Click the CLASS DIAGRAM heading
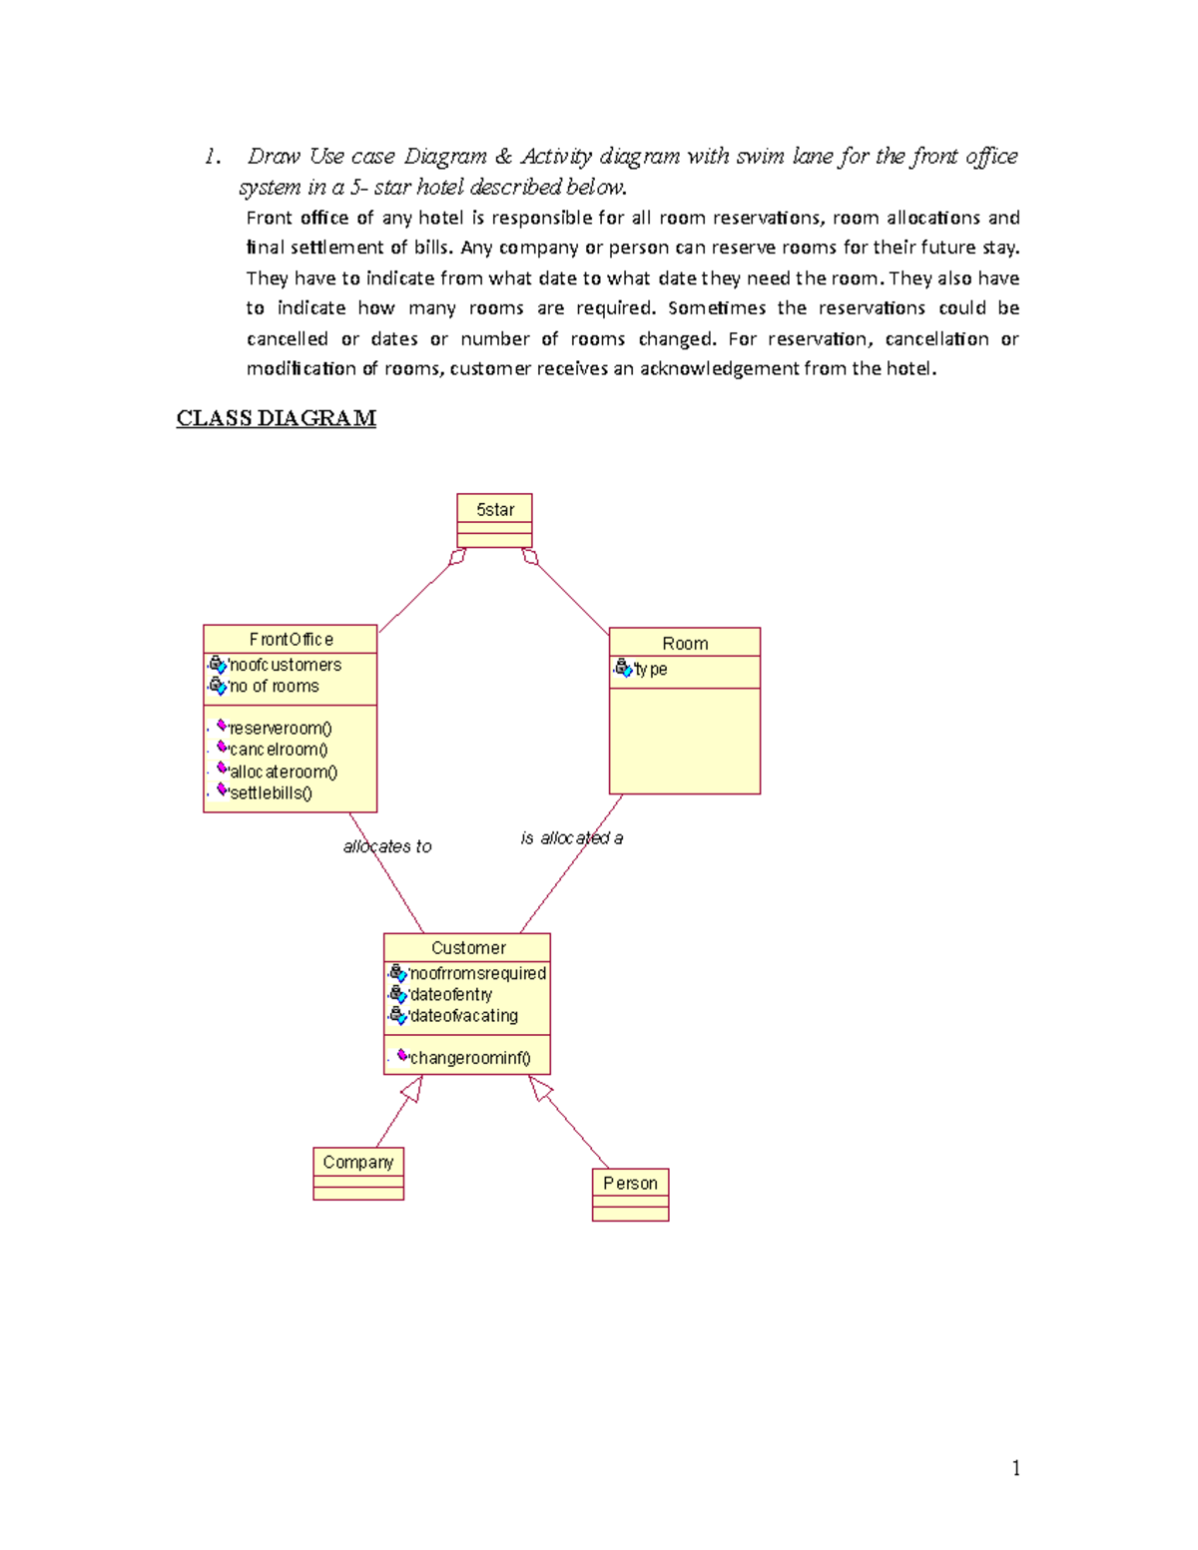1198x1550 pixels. click(x=276, y=418)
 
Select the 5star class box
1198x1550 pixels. click(x=494, y=519)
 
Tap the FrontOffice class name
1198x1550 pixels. click(x=291, y=639)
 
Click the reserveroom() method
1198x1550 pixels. click(x=280, y=729)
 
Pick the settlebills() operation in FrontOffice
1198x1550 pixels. click(x=271, y=793)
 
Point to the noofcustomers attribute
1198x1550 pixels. click(x=285, y=665)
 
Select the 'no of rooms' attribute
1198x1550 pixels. click(x=274, y=687)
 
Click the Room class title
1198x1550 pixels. click(x=685, y=644)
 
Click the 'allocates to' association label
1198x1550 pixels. click(x=387, y=846)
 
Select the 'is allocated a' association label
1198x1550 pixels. click(x=571, y=838)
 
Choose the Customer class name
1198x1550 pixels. click(x=468, y=948)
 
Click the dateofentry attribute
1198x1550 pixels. click(x=450, y=995)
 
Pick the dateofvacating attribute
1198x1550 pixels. click(x=463, y=1016)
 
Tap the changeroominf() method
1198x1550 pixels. click(x=469, y=1058)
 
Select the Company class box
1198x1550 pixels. click(x=358, y=1174)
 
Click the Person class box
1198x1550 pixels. click(x=630, y=1194)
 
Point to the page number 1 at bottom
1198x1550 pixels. click(x=1015, y=1467)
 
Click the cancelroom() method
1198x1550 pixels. click(x=278, y=750)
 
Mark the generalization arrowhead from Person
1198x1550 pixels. click(x=540, y=1088)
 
